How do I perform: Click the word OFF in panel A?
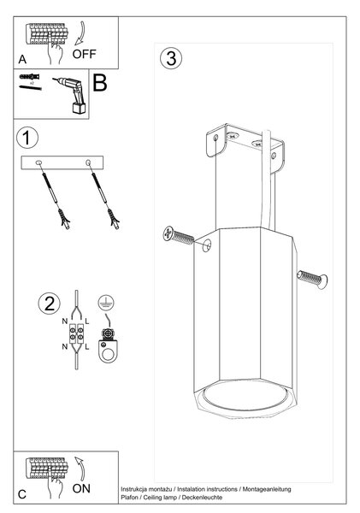click(x=84, y=54)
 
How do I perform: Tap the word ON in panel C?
click(x=81, y=488)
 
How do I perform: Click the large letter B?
click(x=100, y=83)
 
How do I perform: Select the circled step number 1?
click(x=27, y=138)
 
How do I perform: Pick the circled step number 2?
click(x=50, y=304)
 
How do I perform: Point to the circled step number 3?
click(x=171, y=58)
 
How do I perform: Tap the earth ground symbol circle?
click(x=106, y=303)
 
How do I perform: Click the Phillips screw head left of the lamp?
click(x=168, y=233)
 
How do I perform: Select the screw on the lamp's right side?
click(x=313, y=280)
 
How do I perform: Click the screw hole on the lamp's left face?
click(x=207, y=245)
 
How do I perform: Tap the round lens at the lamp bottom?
click(x=245, y=397)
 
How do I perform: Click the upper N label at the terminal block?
click(x=65, y=321)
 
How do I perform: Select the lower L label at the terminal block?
click(x=86, y=347)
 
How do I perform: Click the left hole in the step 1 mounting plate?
click(x=38, y=162)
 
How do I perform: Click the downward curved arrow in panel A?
click(x=80, y=33)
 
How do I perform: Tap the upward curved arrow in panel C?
click(x=80, y=469)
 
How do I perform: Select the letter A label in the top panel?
click(x=22, y=59)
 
